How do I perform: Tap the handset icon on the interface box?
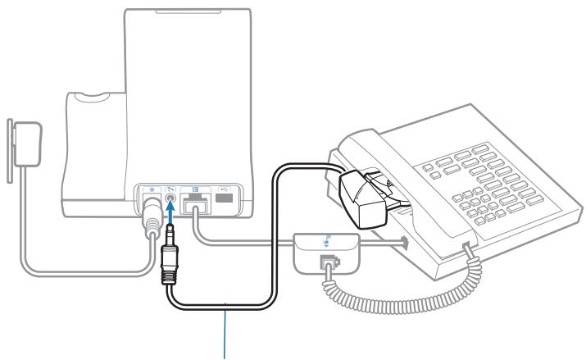pyautogui.click(x=325, y=241)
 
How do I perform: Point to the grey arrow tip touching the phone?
pyautogui.click(x=403, y=241)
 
